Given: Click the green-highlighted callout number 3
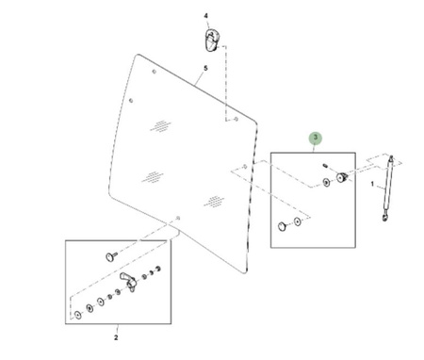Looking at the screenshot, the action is click(316, 138).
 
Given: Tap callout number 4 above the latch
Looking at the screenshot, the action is click(206, 16).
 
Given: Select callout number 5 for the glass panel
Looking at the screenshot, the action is click(205, 68).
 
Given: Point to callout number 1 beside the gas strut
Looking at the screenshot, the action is click(372, 184).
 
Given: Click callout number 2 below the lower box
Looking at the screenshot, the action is click(116, 337).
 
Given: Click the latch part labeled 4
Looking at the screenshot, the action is click(211, 41).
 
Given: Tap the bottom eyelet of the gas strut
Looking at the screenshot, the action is click(384, 218).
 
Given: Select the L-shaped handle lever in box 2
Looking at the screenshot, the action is click(129, 281).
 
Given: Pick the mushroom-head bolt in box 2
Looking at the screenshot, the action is click(111, 256).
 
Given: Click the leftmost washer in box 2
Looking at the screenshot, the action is click(78, 315).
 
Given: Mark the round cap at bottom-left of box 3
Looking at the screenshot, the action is click(283, 226).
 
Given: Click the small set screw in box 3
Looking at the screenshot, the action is click(325, 165).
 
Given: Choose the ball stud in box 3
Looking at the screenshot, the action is click(342, 177).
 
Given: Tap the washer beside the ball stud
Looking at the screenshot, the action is click(326, 183).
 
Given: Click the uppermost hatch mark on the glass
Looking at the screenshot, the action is click(161, 126).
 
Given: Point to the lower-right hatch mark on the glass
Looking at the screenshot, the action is click(214, 202).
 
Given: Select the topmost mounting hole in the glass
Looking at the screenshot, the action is click(155, 72).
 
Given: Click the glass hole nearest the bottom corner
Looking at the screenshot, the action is click(178, 218).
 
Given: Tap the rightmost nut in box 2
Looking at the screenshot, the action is click(158, 269).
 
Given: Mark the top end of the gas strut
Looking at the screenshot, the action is click(391, 156).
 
